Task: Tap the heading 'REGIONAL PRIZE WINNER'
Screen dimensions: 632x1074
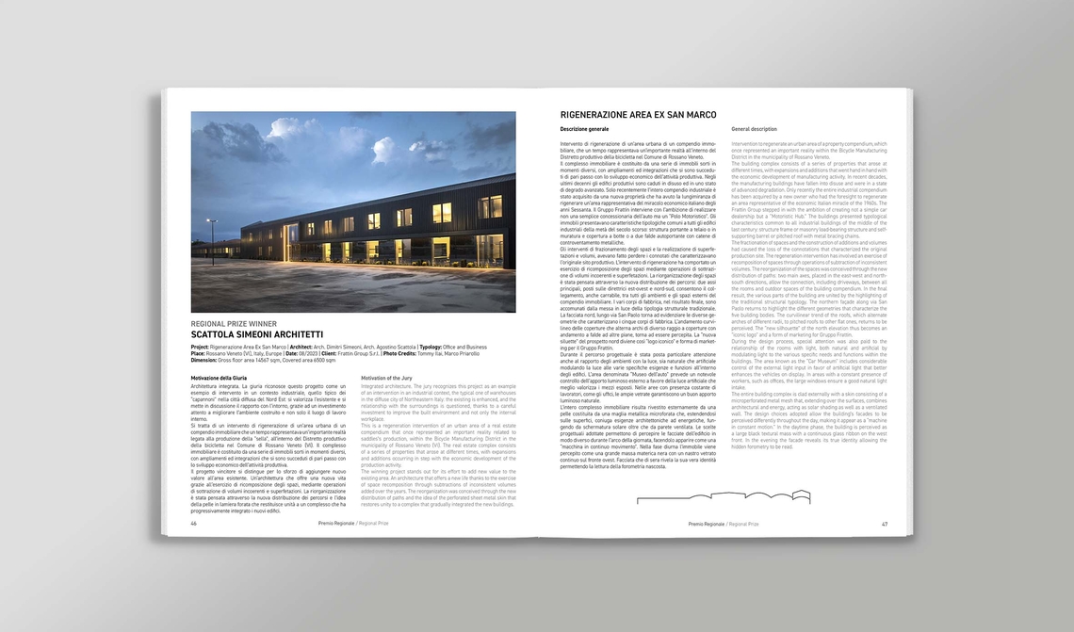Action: [x=234, y=324]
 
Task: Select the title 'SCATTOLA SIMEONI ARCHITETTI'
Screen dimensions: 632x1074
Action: [x=256, y=334]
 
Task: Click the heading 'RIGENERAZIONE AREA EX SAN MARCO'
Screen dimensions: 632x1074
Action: [x=638, y=115]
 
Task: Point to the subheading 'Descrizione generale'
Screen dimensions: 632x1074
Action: [x=584, y=128]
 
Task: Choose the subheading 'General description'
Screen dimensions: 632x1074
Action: [x=754, y=128]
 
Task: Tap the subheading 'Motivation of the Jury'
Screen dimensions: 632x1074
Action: [x=386, y=378]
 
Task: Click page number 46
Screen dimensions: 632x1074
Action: [x=194, y=523]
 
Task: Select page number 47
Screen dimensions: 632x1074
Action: [x=885, y=524]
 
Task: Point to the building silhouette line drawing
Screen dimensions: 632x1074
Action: [x=723, y=496]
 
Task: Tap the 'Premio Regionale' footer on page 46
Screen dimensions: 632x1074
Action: [x=336, y=523]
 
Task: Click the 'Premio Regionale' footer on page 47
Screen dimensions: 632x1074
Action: [x=706, y=524]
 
